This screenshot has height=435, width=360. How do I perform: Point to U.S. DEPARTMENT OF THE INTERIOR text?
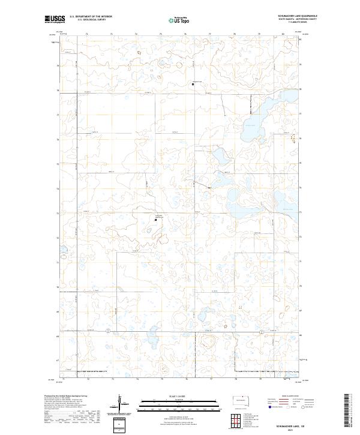(90, 17)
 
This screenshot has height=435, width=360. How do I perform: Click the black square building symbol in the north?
(193, 85)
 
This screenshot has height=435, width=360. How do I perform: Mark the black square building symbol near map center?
(155, 220)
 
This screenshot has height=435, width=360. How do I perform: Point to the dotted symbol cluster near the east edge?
(293, 139)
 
